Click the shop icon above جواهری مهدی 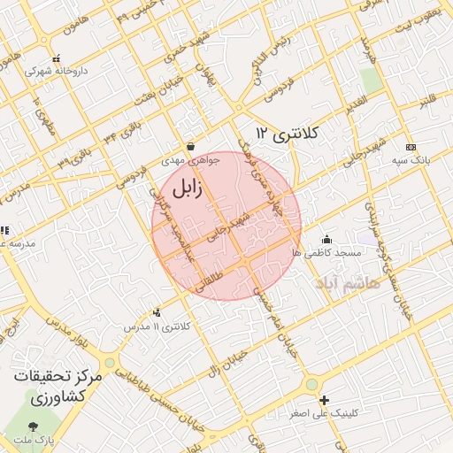point(189,147)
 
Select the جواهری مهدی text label point(183,162)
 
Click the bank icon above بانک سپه point(411,146)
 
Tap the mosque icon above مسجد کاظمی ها point(326,239)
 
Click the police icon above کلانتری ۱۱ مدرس point(157,311)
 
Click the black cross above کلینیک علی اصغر point(324,401)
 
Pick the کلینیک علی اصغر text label point(325,414)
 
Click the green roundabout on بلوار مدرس point(109,363)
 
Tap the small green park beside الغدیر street point(372,79)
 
